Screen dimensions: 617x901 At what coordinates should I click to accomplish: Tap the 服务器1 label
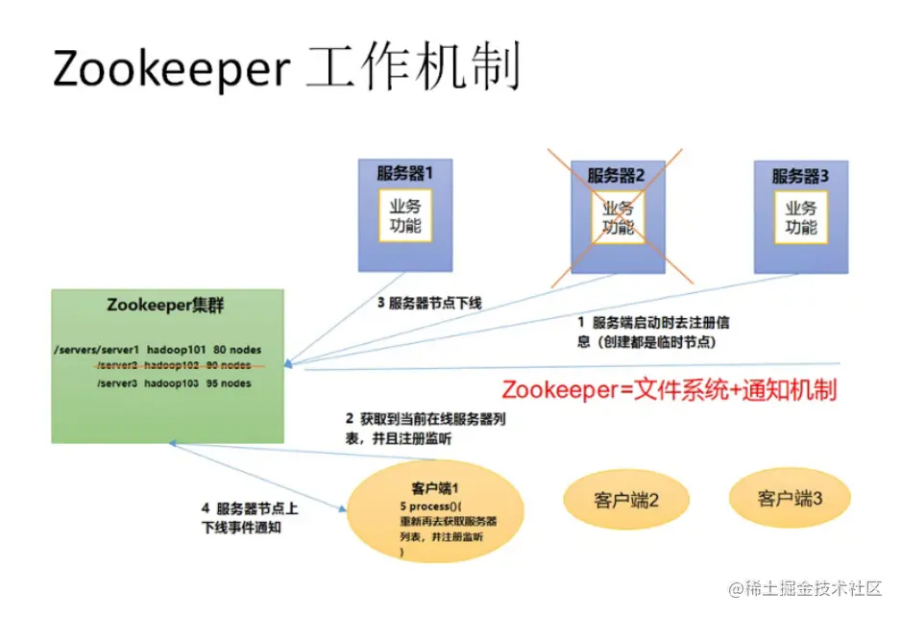[x=404, y=175]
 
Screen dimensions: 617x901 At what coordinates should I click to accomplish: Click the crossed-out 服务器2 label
[x=616, y=176]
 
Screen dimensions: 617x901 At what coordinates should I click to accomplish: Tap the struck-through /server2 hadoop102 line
[x=174, y=365]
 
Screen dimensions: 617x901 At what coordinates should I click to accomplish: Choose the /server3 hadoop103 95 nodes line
[x=174, y=383]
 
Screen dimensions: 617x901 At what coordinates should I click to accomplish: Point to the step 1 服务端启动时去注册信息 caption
[x=653, y=332]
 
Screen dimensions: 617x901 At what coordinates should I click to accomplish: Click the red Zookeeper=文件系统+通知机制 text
[x=669, y=389]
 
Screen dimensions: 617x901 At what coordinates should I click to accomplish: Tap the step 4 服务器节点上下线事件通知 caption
[x=249, y=517]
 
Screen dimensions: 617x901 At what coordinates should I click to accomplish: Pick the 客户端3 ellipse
[x=790, y=498]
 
